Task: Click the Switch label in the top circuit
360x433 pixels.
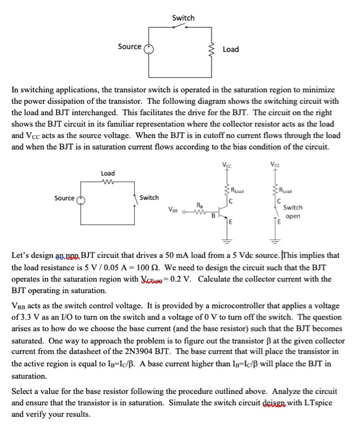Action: point(182,18)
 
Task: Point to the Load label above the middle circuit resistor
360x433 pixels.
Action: point(108,173)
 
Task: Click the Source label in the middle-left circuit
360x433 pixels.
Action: point(64,198)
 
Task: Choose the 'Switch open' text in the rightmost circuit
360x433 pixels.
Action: point(293,212)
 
